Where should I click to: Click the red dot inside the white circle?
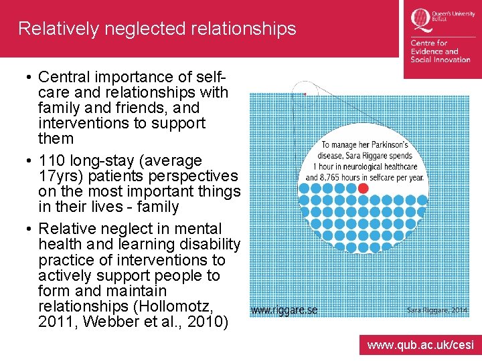point(363,189)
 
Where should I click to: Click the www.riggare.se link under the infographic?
point(284,310)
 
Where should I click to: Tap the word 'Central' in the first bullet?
point(64,77)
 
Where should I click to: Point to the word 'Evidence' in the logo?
point(434,51)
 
